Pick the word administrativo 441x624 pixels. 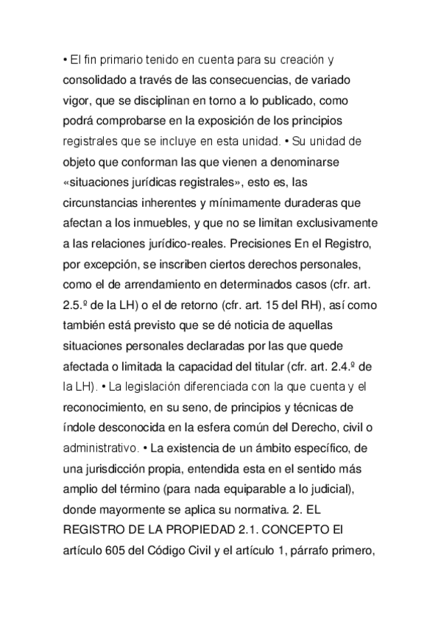click(102, 446)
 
